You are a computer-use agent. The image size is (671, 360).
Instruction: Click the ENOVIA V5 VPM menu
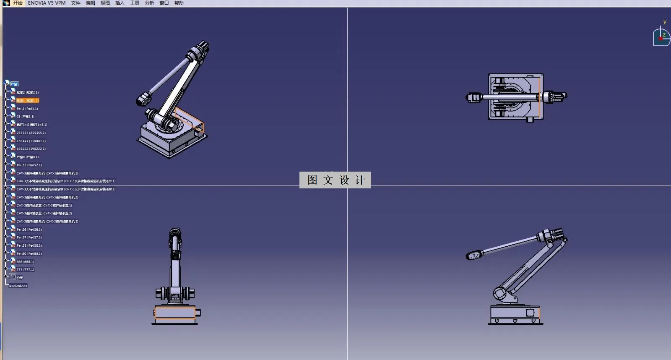click(x=47, y=3)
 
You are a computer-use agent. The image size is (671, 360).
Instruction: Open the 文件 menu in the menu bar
click(x=75, y=3)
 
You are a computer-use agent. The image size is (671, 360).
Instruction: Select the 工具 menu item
click(x=134, y=3)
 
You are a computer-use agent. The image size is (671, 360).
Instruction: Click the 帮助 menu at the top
click(x=179, y=3)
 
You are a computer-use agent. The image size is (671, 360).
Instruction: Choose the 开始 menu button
click(x=18, y=3)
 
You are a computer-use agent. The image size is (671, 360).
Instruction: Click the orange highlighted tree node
click(x=27, y=101)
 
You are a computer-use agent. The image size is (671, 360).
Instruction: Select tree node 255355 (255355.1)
click(x=31, y=133)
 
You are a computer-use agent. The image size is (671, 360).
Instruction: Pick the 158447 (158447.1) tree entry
click(x=31, y=141)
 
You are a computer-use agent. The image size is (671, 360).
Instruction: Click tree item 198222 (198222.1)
click(x=31, y=149)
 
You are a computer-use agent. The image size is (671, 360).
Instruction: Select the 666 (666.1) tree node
click(x=25, y=262)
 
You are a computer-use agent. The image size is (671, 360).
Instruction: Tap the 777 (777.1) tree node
click(x=25, y=270)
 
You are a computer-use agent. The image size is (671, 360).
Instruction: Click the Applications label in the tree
click(x=18, y=286)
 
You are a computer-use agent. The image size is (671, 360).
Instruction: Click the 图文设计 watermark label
click(x=335, y=180)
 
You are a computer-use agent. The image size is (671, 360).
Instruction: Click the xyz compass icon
click(x=661, y=37)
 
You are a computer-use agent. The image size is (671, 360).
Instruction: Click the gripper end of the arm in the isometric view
click(x=144, y=99)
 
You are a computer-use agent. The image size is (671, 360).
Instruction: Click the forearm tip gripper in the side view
click(x=473, y=255)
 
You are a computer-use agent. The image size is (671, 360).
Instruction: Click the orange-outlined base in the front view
click(x=175, y=313)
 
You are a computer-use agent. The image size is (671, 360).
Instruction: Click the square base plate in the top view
click(x=515, y=97)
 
